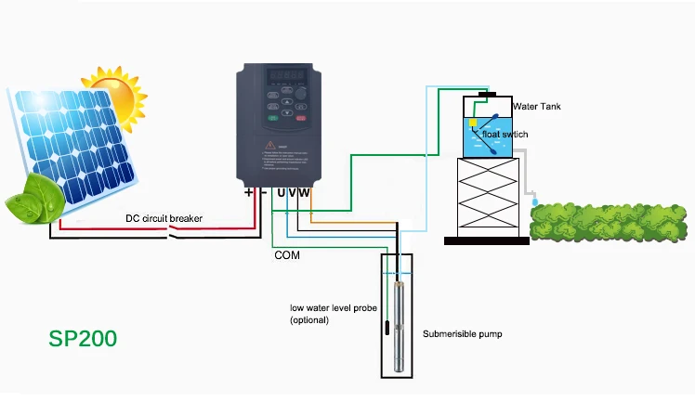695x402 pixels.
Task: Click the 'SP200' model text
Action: click(x=83, y=338)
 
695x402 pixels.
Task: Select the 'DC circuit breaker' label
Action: click(x=164, y=219)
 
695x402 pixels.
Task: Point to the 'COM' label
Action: click(x=287, y=253)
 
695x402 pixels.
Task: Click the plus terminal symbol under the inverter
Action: click(x=248, y=192)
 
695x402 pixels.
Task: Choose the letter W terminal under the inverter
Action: click(x=305, y=192)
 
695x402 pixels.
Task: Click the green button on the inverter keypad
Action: click(x=273, y=118)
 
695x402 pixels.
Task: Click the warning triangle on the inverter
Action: click(x=269, y=145)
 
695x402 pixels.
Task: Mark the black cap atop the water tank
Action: click(x=486, y=94)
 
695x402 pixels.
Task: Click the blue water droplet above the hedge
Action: click(x=534, y=201)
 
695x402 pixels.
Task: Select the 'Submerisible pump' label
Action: click(x=463, y=333)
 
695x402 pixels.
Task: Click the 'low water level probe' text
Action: click(x=329, y=307)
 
